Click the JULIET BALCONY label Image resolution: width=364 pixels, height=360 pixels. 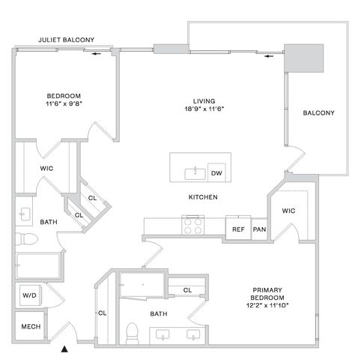coord(66,40)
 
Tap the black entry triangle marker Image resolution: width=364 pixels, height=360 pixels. coord(64,349)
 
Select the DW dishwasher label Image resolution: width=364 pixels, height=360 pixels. coord(216,173)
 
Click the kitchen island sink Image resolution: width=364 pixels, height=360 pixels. coord(195,174)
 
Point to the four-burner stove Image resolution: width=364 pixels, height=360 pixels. coord(192,225)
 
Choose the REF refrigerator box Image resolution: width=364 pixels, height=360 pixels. coord(238,229)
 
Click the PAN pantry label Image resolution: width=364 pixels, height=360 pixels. coord(259,229)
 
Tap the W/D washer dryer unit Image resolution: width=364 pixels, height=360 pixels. coord(30,295)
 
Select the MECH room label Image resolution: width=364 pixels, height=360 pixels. coord(31,326)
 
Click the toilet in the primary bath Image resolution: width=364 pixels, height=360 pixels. coord(132,333)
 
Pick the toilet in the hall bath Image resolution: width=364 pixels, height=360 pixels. coord(26,239)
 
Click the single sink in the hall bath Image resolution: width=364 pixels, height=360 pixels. coord(25,214)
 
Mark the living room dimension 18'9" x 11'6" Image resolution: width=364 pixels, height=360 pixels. coord(204,109)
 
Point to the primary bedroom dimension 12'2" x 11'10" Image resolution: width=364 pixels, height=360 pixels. coord(267,305)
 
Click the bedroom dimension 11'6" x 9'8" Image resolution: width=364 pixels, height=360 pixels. coord(64,103)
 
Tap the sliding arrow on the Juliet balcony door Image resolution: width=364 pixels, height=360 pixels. coord(97,54)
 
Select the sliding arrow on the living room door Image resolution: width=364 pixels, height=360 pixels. coord(269,56)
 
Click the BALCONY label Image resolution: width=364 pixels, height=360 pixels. coord(318,112)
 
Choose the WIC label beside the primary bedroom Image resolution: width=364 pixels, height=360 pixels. coord(288,211)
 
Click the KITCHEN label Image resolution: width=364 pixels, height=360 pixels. coord(203,197)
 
